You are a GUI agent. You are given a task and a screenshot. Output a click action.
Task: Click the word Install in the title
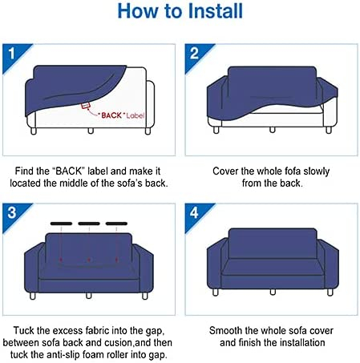[215, 11]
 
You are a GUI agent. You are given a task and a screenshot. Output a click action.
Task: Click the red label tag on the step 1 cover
[85, 106]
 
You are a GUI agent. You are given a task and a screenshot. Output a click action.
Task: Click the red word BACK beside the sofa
[111, 115]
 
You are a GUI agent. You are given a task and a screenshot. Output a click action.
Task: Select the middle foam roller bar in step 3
[89, 224]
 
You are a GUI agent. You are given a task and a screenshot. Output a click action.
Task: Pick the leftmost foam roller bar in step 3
[61, 224]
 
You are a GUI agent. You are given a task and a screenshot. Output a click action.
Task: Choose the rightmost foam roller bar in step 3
[116, 224]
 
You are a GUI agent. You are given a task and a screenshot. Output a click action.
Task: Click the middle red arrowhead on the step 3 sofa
[89, 260]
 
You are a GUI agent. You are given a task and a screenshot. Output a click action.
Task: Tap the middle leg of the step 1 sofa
[91, 131]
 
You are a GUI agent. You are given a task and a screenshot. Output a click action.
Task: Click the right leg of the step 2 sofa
[329, 130]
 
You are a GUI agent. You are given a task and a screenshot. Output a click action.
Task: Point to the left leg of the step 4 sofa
[216, 292]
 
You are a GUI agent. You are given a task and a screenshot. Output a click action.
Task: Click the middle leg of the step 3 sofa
[89, 296]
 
